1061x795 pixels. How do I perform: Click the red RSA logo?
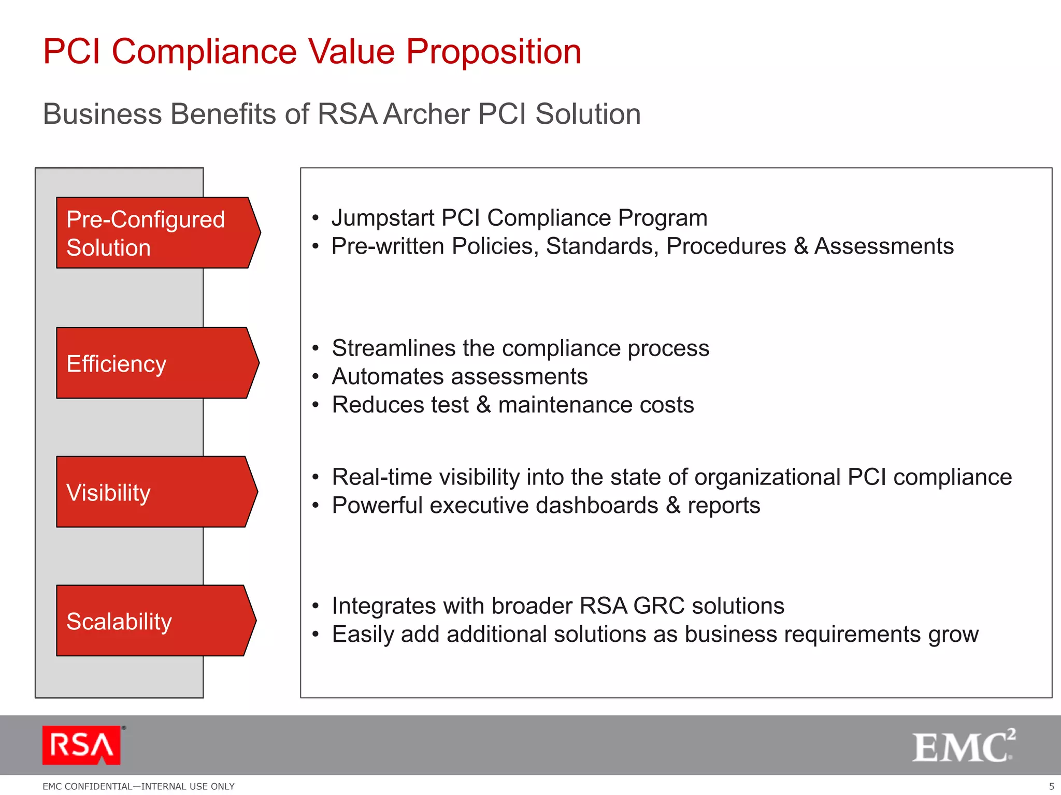coord(82,745)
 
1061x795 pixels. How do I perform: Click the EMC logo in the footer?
coord(963,746)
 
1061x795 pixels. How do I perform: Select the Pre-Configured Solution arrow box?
coord(155,233)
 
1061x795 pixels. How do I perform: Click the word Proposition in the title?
coord(493,52)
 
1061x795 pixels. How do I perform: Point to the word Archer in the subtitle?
coord(427,114)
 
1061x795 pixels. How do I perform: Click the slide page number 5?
coord(1051,786)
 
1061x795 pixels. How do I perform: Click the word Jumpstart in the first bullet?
coord(383,218)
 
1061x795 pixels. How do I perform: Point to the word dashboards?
coord(597,506)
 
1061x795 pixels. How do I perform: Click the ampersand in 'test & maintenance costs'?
coord(483,405)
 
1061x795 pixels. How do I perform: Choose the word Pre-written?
coord(388,246)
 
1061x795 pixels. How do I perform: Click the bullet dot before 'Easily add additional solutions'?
coord(316,635)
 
